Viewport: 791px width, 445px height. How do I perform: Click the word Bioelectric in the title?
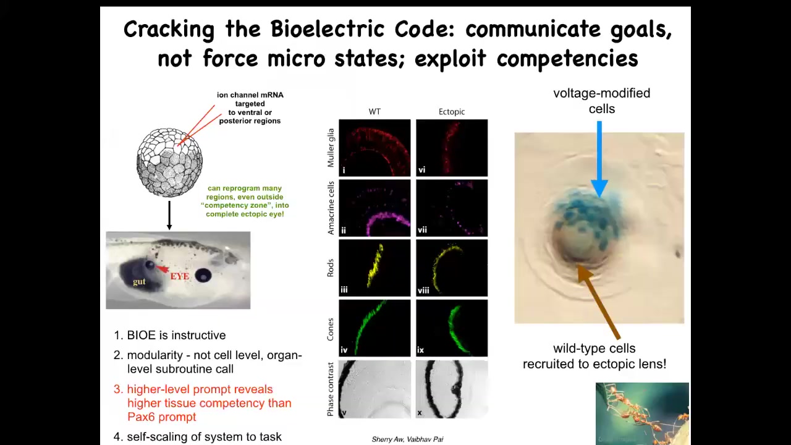(328, 28)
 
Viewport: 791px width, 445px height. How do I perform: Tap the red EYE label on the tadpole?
(180, 276)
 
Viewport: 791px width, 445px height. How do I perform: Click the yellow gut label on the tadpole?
(139, 281)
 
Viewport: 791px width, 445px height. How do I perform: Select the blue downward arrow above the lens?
(599, 159)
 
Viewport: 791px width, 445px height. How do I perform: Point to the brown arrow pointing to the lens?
(599, 302)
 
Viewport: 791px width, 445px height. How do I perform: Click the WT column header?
(374, 112)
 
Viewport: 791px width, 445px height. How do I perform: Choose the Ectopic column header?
(452, 112)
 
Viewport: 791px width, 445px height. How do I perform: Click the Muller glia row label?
(331, 148)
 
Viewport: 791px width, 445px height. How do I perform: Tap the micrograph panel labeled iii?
(374, 268)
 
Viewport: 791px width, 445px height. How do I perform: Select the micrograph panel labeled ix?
(452, 328)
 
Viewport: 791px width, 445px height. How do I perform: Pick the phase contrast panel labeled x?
(452, 389)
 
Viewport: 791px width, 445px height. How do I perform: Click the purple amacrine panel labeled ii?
(374, 208)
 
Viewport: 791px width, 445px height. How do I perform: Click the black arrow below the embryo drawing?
(169, 216)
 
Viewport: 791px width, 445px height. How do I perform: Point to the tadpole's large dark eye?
(203, 275)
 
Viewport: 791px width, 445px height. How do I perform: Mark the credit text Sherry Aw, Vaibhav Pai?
(407, 439)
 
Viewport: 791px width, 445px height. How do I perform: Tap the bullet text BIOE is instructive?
(176, 335)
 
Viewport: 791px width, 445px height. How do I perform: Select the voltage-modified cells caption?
(602, 101)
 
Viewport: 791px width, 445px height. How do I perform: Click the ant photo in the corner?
(642, 413)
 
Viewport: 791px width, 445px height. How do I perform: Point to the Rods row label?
(331, 268)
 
